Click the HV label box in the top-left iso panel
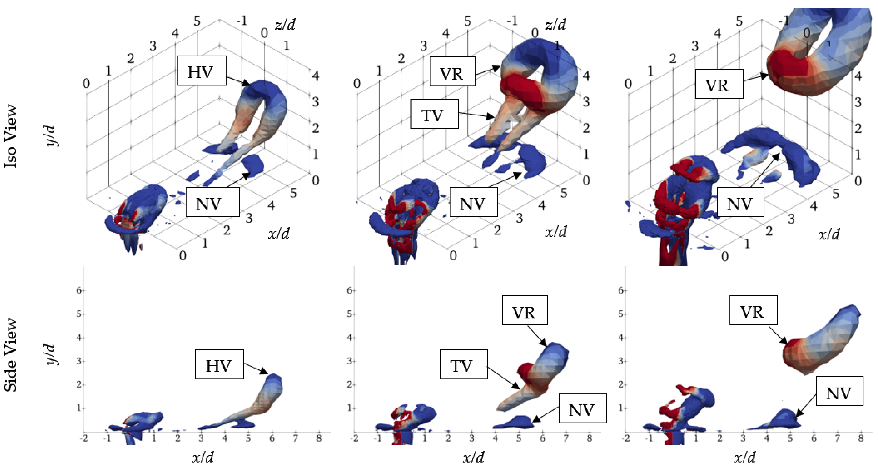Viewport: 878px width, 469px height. pos(202,71)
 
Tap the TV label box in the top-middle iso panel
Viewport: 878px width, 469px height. pos(434,114)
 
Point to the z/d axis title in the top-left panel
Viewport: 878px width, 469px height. pos(285,24)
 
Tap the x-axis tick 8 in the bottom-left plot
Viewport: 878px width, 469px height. pos(319,438)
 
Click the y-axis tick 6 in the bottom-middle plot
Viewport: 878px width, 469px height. pos(349,290)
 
